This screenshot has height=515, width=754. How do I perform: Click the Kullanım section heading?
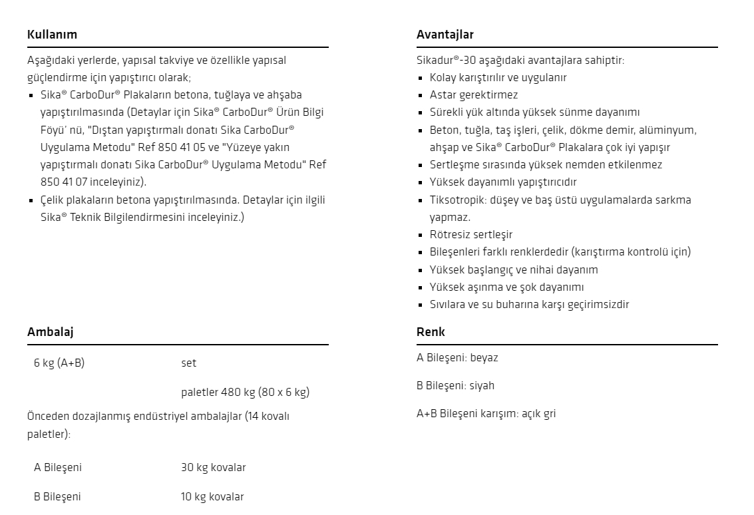click(52, 35)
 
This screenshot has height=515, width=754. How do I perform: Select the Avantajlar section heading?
click(445, 35)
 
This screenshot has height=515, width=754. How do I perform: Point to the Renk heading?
click(431, 331)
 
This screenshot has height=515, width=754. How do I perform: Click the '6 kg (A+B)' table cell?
click(59, 363)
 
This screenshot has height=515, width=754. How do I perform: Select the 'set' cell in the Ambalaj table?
click(188, 363)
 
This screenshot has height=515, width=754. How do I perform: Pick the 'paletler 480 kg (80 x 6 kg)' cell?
click(245, 392)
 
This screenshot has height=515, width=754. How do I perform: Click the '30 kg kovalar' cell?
click(213, 468)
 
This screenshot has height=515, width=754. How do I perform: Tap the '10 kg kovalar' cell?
click(212, 497)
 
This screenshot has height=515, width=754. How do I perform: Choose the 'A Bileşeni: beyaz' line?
click(457, 358)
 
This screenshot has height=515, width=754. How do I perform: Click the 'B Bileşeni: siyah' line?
click(455, 386)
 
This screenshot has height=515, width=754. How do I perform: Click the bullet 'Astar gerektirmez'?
click(473, 95)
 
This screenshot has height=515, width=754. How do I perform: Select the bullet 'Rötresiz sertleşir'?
click(471, 235)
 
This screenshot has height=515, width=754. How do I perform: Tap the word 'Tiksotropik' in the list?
click(457, 200)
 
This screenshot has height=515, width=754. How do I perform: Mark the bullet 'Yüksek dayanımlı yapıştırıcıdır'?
click(503, 182)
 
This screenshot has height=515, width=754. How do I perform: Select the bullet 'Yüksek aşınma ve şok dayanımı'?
click(506, 287)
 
